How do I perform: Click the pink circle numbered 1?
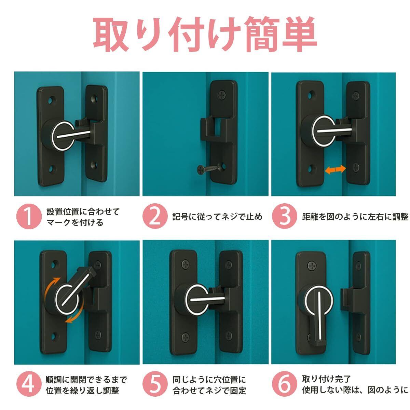click(x=29, y=217)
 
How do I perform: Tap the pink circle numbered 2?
click(x=155, y=217)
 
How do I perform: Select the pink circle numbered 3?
click(x=284, y=217)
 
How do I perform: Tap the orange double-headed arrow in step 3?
click(x=335, y=169)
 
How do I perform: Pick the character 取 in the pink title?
click(x=111, y=34)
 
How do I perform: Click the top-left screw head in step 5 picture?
click(x=185, y=264)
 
